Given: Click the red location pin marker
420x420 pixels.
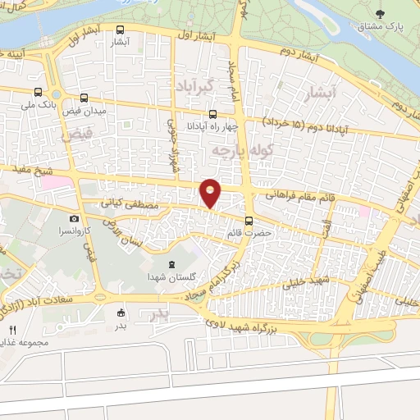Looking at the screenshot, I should [x=211, y=193].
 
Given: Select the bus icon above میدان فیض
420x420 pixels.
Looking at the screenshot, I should [x=84, y=98].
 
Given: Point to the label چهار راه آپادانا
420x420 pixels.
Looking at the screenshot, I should [x=212, y=126].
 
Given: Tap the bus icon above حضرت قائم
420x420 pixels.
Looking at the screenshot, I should [x=250, y=220].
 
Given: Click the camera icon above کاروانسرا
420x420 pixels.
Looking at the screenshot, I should [x=74, y=218].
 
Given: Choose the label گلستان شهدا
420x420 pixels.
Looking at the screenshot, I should [x=171, y=279].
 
